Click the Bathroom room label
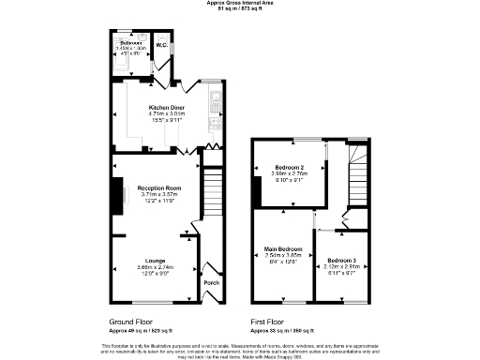click(x=130, y=43)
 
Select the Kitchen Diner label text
click(x=166, y=107)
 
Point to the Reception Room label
click(x=158, y=187)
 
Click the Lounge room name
click(x=156, y=259)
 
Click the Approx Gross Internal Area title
click(x=240, y=3)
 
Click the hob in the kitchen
click(x=216, y=121)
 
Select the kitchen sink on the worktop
click(x=216, y=97)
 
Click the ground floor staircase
click(x=212, y=192)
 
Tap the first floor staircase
click(x=358, y=174)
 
